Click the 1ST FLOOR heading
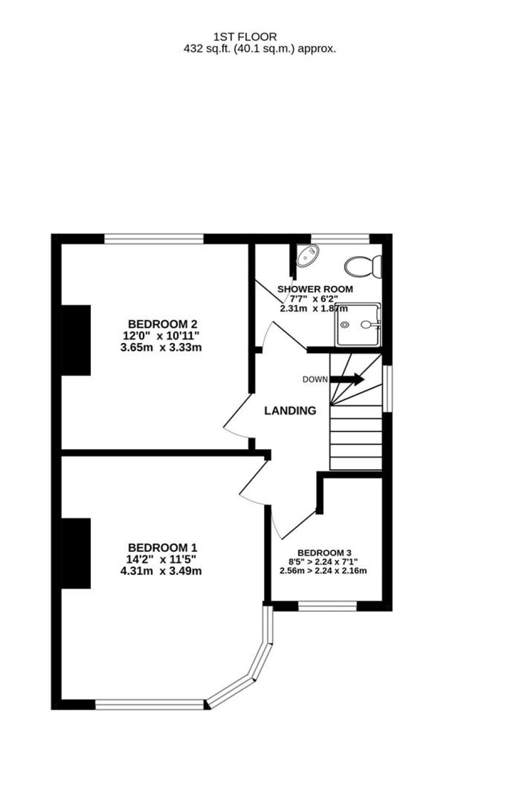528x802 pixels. pos(245,37)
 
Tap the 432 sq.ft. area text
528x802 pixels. pos(259,49)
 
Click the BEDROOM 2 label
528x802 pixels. pos(162,325)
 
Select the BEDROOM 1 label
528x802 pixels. pos(162,548)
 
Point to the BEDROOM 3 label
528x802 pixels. pos(324,553)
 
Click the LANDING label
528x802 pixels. pos(290,411)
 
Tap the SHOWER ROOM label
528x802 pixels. pos(315,289)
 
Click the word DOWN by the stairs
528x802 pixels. pos(315,380)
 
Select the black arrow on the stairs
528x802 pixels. pos(347,379)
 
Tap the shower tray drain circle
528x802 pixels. pos(345,325)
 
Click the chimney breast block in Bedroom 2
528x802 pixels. pos(76,340)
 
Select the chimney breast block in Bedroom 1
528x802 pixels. pos(76,553)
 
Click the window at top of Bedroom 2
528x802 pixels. pos(154,239)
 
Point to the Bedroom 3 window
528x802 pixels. pos(327,606)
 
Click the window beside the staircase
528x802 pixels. pos(387,388)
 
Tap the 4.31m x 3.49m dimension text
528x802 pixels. pos(161,571)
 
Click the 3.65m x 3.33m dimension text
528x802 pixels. pos(161,347)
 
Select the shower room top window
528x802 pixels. pos(340,239)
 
